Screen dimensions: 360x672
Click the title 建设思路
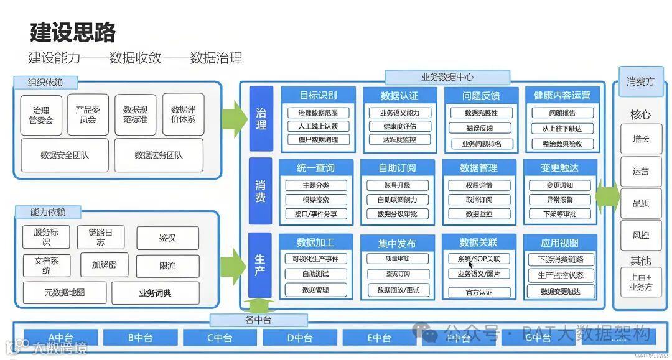[x=73, y=33]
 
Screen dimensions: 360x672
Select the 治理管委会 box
[x=42, y=115]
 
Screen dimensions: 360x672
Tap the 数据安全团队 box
[x=65, y=155]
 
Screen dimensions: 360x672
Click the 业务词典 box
[x=156, y=293]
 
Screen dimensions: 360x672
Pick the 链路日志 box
[x=101, y=238]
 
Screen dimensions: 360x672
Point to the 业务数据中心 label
[x=447, y=77]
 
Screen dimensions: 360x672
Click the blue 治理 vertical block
[x=261, y=118]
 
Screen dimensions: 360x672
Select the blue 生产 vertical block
[x=261, y=265]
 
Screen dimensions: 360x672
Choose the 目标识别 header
[x=318, y=95]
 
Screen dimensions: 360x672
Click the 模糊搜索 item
[x=315, y=200]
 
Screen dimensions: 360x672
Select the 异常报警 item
[x=559, y=200]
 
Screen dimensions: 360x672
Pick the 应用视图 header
[x=559, y=242]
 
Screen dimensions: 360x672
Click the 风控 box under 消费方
[x=640, y=236]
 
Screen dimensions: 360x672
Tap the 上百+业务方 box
[x=640, y=282]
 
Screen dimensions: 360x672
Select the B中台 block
[x=141, y=338]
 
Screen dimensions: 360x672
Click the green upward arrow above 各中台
[x=258, y=305]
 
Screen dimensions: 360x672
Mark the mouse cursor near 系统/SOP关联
[x=472, y=264]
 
